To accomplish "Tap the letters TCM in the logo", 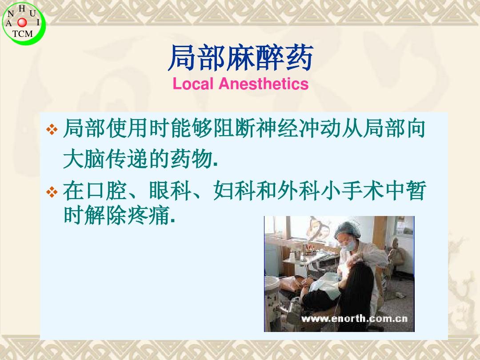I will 22,34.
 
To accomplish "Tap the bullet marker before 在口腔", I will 52,192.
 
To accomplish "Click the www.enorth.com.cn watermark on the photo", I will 354,319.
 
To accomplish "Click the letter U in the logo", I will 32,13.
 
